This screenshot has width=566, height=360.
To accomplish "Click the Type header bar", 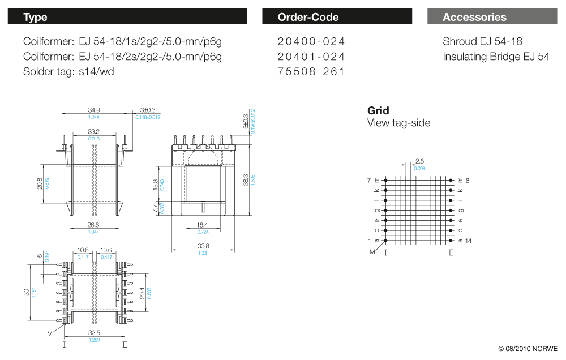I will (x=127, y=17).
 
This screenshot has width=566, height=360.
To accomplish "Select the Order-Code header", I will (x=337, y=17).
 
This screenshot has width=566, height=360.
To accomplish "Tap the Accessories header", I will (x=491, y=17).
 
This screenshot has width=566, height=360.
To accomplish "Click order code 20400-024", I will (x=311, y=41).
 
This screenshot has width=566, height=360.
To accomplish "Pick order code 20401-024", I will (x=311, y=57).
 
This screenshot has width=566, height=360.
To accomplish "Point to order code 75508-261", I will (x=311, y=72).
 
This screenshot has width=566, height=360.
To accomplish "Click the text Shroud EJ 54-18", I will (x=482, y=41).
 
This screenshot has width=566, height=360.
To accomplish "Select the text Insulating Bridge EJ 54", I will (x=496, y=57).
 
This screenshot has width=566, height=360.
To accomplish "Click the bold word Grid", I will (x=378, y=110).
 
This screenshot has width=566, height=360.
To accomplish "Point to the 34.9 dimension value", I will (x=94, y=110).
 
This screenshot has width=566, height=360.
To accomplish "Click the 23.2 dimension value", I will (x=94, y=132).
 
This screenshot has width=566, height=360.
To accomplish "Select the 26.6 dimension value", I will (x=94, y=225).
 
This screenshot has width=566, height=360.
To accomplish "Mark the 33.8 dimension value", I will (x=204, y=246).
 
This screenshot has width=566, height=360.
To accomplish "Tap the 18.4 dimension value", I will (x=203, y=225).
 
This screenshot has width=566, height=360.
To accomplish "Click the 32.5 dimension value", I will (x=94, y=333).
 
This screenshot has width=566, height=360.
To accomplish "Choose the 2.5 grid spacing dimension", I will (x=419, y=162).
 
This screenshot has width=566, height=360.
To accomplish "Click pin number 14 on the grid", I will (x=468, y=241).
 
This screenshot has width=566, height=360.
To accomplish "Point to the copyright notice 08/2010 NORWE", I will (x=528, y=348).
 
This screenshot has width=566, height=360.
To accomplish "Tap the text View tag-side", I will (x=398, y=123).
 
